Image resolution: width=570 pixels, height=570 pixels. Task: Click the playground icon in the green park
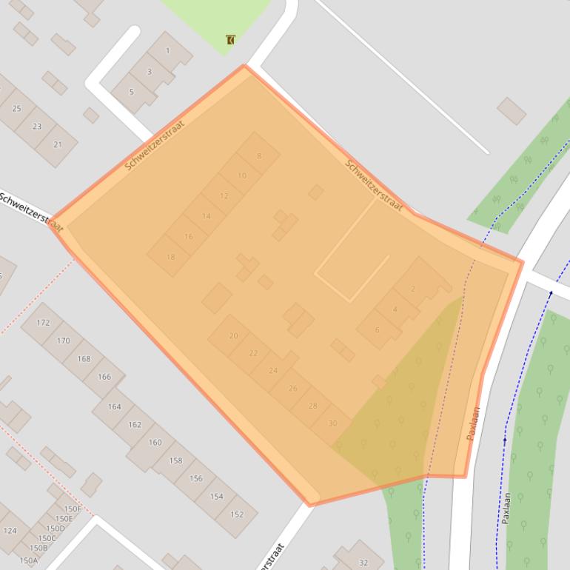(231, 40)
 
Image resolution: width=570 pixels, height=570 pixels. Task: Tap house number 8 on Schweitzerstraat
(258, 155)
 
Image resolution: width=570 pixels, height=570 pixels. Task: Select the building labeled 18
(170, 257)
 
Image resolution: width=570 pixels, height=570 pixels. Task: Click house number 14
(206, 216)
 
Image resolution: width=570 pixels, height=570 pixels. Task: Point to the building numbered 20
(233, 335)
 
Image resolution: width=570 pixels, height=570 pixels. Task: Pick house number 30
(332, 423)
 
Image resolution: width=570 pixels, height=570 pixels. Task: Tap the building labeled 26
(292, 388)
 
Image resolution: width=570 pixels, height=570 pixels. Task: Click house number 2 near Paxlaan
(413, 289)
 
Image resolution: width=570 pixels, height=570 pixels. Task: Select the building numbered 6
(378, 330)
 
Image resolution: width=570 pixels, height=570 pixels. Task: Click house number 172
(43, 323)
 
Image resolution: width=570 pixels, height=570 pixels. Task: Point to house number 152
(237, 514)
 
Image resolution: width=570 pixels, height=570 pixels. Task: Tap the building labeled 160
(155, 443)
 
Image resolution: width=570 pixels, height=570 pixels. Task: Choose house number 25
(16, 109)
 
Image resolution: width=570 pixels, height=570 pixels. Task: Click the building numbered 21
(58, 144)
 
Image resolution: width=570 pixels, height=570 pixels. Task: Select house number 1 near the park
(168, 51)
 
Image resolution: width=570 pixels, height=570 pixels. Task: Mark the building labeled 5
(132, 92)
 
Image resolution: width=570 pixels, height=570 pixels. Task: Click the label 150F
(72, 509)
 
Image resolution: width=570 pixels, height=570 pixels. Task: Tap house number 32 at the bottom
(363, 563)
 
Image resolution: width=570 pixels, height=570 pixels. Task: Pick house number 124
(10, 531)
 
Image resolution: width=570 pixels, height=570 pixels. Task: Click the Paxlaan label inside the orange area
(474, 423)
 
